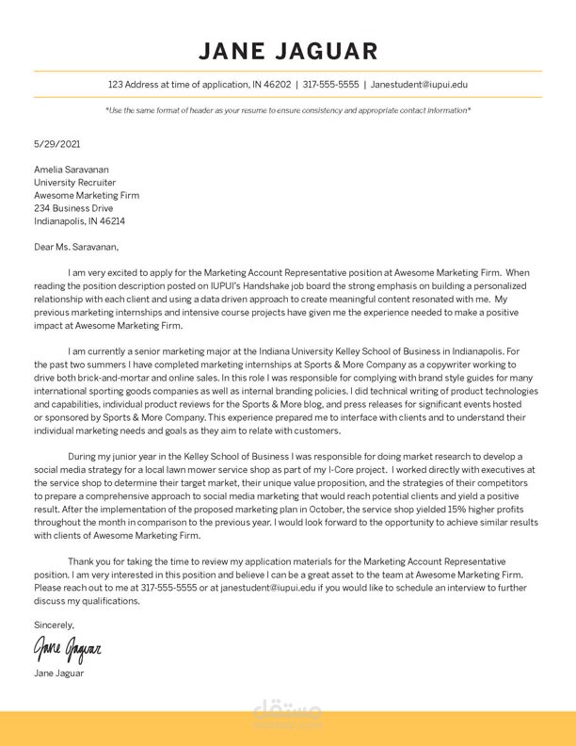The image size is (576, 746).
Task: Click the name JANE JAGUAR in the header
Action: pos(288,51)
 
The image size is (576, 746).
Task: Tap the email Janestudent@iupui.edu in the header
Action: pos(419,85)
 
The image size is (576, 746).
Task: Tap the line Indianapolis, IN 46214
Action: pos(79,221)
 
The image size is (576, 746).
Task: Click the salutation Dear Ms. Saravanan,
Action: pos(76,247)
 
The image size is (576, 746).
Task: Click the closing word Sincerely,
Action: pos(54,624)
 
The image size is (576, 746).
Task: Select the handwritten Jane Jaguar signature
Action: pos(67,649)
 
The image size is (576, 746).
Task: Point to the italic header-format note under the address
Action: pos(288,110)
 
